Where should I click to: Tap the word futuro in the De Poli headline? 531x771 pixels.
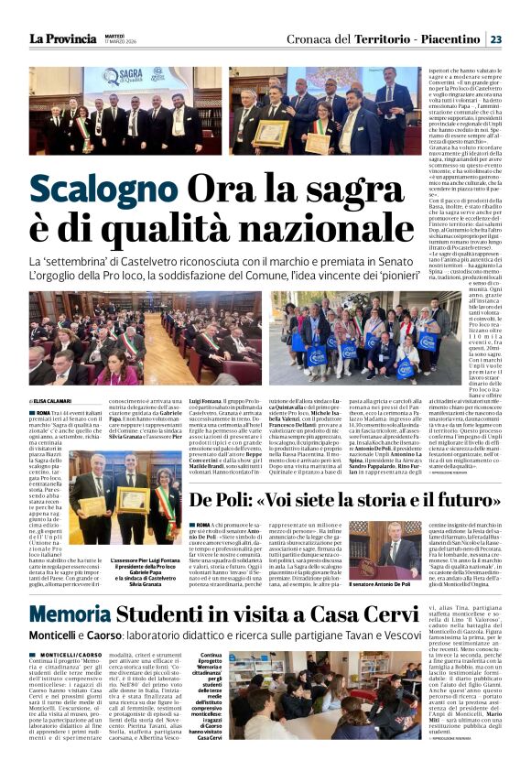click(460, 501)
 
